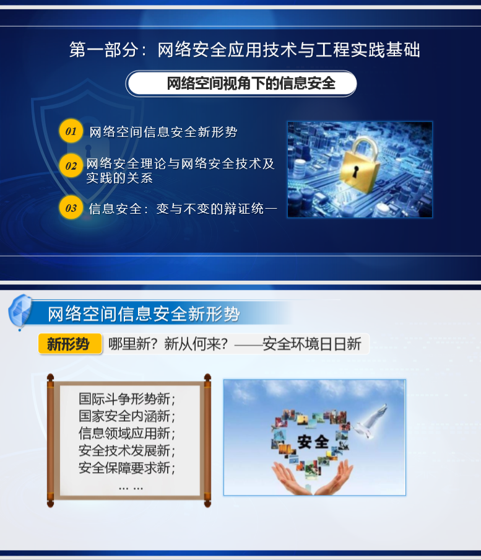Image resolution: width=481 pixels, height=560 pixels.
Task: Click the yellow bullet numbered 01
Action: (71, 131)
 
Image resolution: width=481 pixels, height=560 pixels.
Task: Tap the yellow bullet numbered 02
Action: (71, 166)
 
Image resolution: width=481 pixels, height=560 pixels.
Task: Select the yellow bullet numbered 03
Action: (71, 208)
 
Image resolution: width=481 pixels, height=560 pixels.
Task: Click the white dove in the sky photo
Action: (371, 421)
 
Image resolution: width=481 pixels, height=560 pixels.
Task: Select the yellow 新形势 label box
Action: (69, 344)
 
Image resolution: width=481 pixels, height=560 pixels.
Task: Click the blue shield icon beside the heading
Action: (20, 312)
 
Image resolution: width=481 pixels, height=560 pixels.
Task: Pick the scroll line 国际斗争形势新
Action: (127, 398)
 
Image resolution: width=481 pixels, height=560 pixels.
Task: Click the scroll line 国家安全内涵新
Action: (127, 416)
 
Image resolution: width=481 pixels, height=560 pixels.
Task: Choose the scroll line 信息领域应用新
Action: (127, 433)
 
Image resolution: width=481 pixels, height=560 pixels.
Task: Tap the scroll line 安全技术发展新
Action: (127, 450)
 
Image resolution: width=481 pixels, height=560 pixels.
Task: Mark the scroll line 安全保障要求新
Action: (127, 468)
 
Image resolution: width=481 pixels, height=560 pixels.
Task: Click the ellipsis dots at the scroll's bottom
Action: (131, 488)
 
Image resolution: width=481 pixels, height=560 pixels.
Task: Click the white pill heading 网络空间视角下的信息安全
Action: (241, 84)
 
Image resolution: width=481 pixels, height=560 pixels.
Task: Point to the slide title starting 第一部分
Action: (245, 50)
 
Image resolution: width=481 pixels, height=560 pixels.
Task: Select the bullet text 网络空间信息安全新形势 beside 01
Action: (163, 132)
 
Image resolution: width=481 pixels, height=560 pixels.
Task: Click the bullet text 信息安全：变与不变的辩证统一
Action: (183, 209)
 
